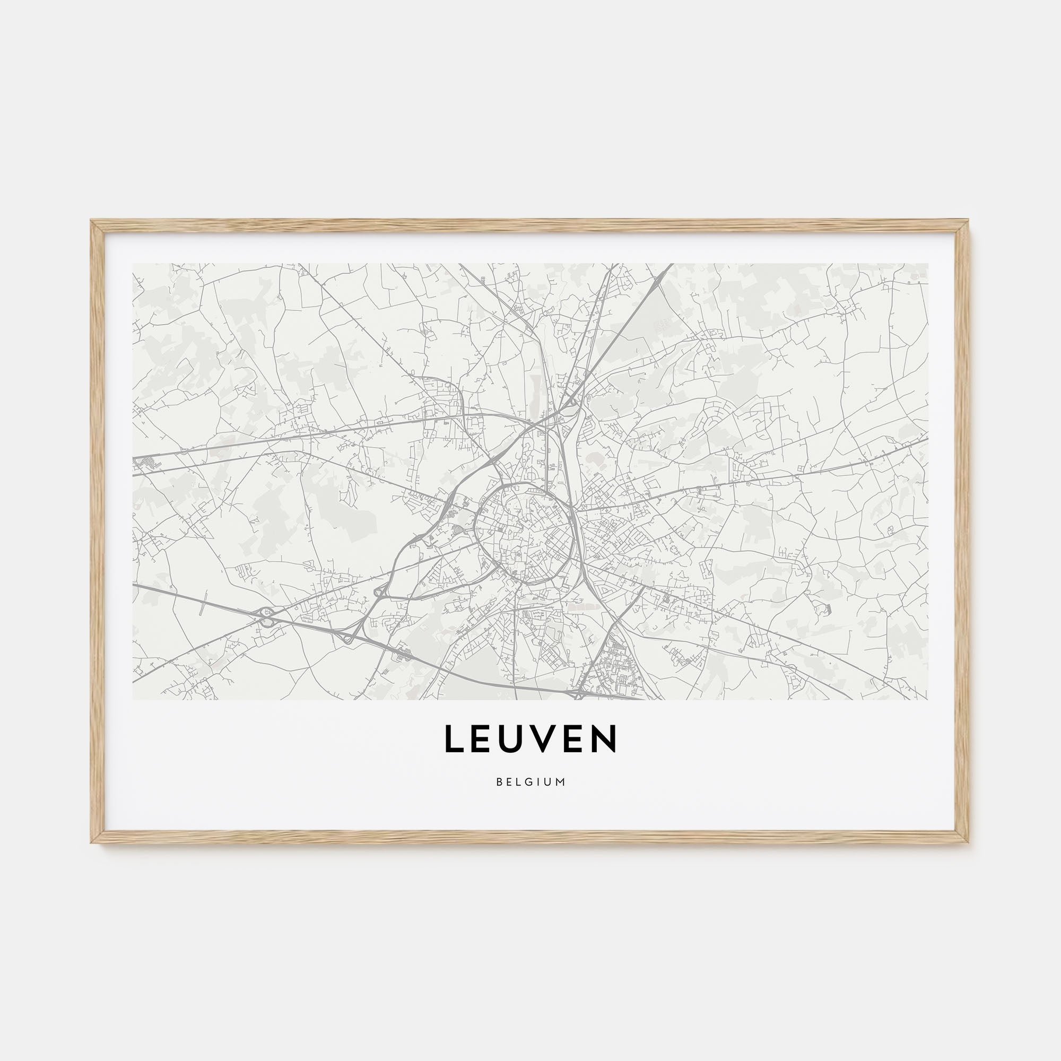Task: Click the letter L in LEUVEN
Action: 453,738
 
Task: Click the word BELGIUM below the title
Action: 530,782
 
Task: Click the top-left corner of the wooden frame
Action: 92,221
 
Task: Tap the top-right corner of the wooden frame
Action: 969,221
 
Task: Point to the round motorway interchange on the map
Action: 267,617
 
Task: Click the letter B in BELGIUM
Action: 499,782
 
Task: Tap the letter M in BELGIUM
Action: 561,782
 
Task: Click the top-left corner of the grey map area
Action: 134,264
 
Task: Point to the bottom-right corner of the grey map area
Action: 927,699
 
